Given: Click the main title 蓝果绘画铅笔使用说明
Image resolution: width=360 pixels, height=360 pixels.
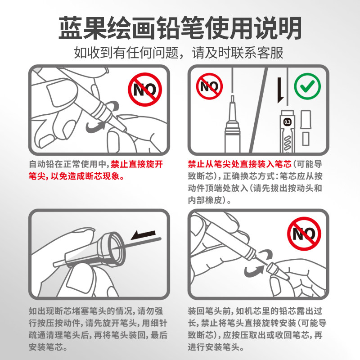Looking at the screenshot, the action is pyautogui.click(x=180, y=28).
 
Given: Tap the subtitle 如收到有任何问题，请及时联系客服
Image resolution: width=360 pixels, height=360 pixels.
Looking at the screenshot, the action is pyautogui.click(x=178, y=53).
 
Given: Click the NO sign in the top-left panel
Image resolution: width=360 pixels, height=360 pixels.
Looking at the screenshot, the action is pyautogui.click(x=145, y=90).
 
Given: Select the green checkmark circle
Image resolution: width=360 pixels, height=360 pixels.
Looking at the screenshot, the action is pyautogui.click(x=307, y=86).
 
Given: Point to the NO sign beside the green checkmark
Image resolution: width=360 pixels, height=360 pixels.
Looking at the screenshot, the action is pyautogui.click(x=209, y=86).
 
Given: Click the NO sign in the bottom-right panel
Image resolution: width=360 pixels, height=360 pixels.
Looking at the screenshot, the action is pyautogui.click(x=304, y=234).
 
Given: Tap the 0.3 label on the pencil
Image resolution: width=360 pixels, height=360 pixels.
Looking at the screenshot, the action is pyautogui.click(x=288, y=122).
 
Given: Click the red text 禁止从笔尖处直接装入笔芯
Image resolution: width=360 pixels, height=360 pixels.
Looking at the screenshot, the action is pyautogui.click(x=239, y=164).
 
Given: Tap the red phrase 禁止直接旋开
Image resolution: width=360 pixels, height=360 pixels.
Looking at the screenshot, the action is pyautogui.click(x=137, y=164).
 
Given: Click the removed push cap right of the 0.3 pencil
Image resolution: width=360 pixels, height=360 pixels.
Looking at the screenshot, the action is pyautogui.click(x=306, y=120).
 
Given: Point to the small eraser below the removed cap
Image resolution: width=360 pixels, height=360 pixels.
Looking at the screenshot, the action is pyautogui.click(x=306, y=139).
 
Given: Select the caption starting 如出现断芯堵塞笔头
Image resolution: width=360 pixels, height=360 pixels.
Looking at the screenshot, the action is pyautogui.click(x=98, y=329).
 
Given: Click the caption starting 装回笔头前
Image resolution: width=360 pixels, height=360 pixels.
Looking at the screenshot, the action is pyautogui.click(x=257, y=329).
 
